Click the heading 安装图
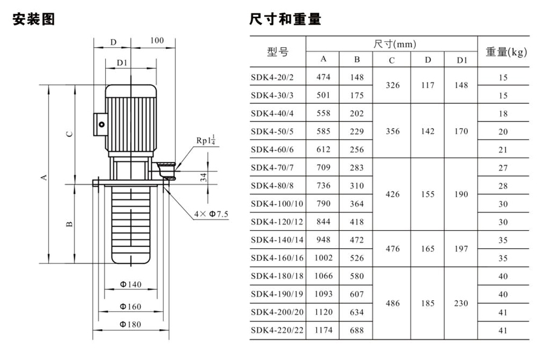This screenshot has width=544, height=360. point(34,19)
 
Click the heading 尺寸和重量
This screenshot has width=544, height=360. point(285,19)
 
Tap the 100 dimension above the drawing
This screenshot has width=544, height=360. point(157,40)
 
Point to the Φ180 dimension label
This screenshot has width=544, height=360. point(129,324)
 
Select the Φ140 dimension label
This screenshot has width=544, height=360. point(130,284)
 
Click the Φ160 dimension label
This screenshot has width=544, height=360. point(129,307)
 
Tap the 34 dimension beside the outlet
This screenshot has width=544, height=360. point(204,177)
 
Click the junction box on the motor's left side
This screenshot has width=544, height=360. point(100,123)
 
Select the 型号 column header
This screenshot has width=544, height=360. point(277,51)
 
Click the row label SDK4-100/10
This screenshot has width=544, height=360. point(278,204)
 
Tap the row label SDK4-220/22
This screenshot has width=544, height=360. point(278,330)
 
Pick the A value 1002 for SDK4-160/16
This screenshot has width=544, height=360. point(323,258)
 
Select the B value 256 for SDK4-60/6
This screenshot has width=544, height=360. point(357,149)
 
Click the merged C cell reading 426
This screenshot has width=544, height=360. point(392,194)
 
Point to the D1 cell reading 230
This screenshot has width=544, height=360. point(461,303)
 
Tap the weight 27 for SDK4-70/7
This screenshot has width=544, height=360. point(503,167)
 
